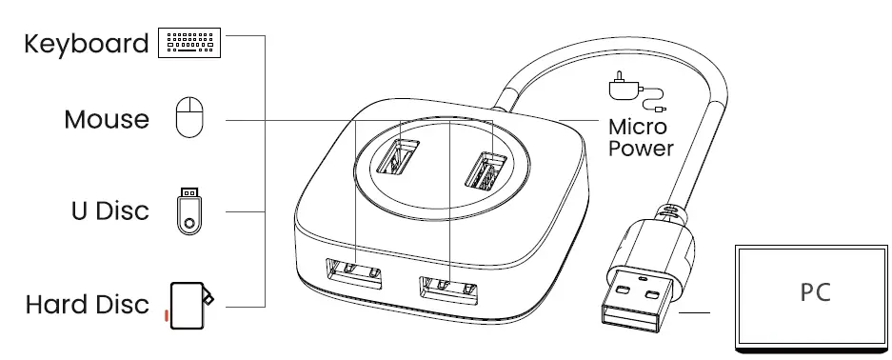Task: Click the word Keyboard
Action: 86,45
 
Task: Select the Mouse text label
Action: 107,120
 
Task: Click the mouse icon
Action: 189,118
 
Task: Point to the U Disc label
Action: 110,210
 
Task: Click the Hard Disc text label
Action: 88,305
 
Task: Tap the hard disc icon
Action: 190,304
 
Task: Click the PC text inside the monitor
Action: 814,291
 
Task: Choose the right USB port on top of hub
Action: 483,170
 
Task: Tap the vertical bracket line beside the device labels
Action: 264,171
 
